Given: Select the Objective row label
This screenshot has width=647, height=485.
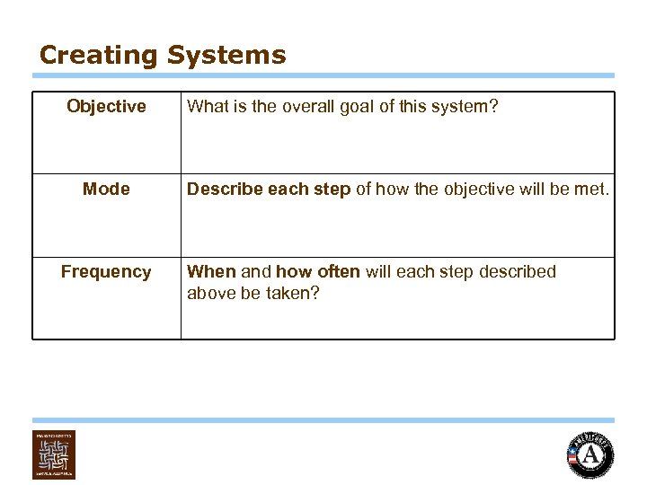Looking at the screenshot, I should [106, 107].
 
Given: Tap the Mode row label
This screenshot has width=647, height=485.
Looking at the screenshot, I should [106, 190].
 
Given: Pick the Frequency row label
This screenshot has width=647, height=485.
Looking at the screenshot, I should [106, 272].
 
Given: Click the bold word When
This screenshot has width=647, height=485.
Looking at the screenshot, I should [211, 272].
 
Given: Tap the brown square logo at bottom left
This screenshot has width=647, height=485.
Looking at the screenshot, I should [54, 454].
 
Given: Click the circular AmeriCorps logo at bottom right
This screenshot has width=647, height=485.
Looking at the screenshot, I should [590, 454].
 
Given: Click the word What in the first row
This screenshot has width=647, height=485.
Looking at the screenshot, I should [206, 107].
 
